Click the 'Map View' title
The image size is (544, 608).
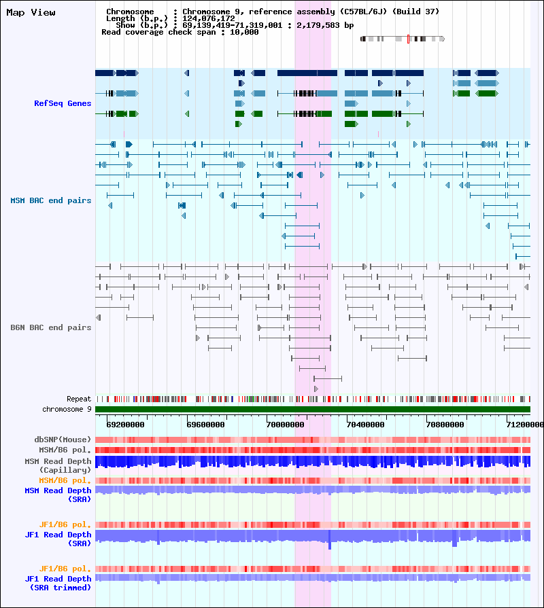[31, 12]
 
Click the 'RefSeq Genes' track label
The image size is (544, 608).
[63, 103]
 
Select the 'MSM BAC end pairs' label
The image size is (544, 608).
[51, 200]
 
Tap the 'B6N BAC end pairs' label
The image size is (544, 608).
[51, 327]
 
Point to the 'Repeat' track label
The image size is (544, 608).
[79, 399]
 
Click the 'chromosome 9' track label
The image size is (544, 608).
[67, 409]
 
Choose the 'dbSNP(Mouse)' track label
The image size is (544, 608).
[63, 440]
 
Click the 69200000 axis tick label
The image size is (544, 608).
[125, 425]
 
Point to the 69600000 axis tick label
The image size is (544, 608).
[205, 425]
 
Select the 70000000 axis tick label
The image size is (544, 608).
[286, 425]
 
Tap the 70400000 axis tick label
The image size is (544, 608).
[366, 425]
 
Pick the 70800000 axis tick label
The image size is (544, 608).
[445, 425]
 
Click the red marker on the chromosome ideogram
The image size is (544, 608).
[408, 39]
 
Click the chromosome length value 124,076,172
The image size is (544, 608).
[209, 18]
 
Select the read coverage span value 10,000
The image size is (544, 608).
[244, 32]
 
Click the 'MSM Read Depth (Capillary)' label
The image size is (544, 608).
[58, 465]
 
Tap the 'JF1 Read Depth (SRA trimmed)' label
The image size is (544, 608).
[58, 583]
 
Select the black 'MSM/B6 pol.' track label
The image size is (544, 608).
[65, 450]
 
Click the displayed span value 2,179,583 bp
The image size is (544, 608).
[325, 25]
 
